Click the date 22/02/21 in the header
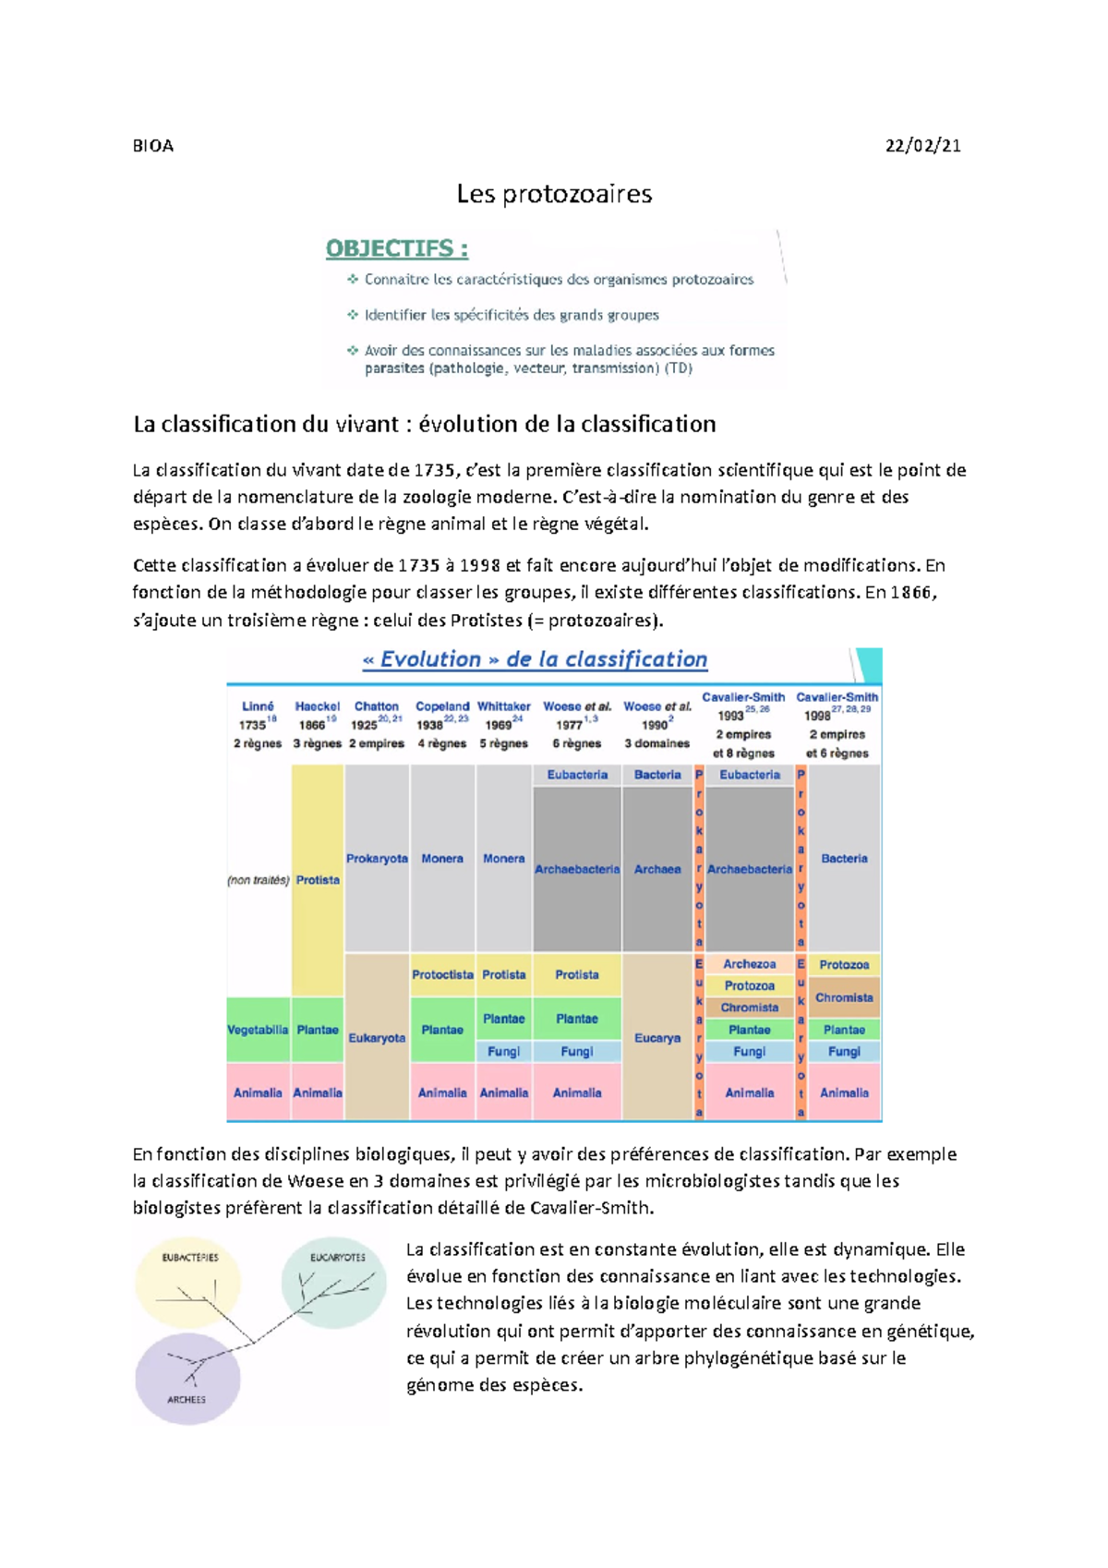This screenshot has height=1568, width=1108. coord(922,145)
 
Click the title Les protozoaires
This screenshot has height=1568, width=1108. coord(554,194)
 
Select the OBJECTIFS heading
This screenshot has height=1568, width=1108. coord(397,248)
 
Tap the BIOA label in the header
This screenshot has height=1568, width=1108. coord(153,146)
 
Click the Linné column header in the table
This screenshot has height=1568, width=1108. coord(258,706)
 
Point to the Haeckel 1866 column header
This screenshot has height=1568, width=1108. coord(318,716)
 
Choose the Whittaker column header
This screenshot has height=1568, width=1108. coord(503,706)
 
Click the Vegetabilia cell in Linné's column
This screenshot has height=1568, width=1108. coord(258,1030)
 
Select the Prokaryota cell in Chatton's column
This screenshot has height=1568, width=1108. coord(377,859)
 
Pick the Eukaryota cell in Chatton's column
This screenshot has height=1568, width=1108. coord(377,1038)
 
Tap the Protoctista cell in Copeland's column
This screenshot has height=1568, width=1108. coord(442,975)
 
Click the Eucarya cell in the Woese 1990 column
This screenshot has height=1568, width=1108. coord(657,1038)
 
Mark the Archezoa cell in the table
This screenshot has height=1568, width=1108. coord(749,964)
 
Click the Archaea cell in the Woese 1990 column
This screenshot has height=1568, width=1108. coord(657,870)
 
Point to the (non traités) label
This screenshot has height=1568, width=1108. coord(259,881)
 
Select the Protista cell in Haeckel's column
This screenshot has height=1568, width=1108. coord(318,881)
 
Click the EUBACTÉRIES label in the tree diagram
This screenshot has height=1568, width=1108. coord(190,1258)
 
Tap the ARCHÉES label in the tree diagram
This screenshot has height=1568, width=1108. coord(187,1400)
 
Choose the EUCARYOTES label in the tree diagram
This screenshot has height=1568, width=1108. coord(338,1258)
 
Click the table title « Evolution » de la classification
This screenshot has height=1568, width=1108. coord(536,659)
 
